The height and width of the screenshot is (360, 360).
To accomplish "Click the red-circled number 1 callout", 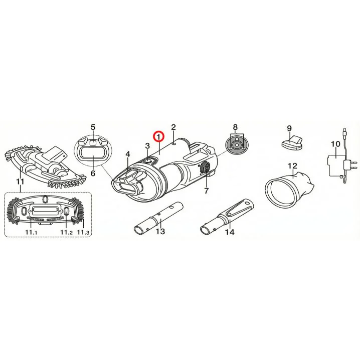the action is click(x=158, y=136).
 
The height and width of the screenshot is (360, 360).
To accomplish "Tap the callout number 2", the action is click(x=173, y=127).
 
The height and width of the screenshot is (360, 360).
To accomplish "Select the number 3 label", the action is click(x=147, y=146).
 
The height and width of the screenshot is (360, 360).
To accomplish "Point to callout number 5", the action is click(x=93, y=127).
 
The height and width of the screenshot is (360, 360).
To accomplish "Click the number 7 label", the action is click(x=206, y=191).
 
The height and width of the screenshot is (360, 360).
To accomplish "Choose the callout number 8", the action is click(x=235, y=127).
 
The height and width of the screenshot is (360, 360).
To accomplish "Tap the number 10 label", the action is click(x=335, y=144).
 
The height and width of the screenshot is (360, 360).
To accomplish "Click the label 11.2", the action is click(x=67, y=232).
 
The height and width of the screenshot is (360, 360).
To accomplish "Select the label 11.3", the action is click(x=83, y=232).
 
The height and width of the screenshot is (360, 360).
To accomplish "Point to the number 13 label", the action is click(x=160, y=231).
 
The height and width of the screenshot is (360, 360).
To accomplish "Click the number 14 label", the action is click(x=230, y=232).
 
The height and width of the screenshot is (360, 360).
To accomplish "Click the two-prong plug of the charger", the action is click(x=350, y=164).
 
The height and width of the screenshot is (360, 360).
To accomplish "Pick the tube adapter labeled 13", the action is click(x=158, y=218).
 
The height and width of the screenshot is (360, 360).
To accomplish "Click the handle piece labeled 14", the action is click(x=227, y=217).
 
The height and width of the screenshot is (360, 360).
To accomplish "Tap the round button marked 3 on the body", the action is click(x=147, y=161).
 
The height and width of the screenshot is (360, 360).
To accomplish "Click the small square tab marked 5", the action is click(x=93, y=142).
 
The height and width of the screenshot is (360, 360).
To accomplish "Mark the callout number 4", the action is click(x=128, y=154).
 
